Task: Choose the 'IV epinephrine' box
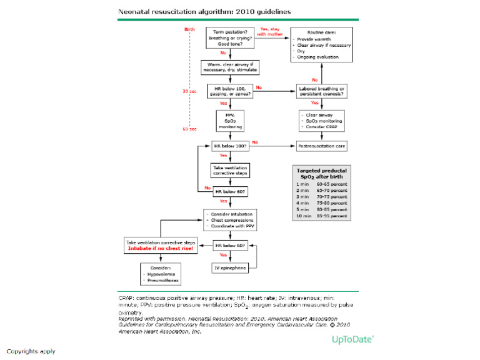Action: (230, 268)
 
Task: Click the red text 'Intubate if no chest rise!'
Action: (161, 247)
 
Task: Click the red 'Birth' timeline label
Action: (189, 29)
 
